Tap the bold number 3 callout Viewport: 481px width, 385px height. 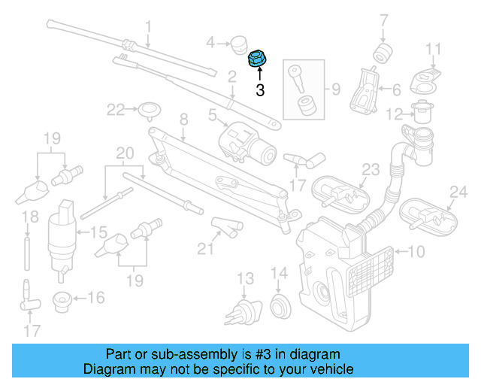260,91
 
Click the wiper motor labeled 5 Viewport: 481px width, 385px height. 244,141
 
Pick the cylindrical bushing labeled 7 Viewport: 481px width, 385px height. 385,53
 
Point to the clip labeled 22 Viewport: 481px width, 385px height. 147,111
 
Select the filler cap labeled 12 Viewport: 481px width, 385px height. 421,114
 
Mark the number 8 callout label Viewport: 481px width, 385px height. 183,119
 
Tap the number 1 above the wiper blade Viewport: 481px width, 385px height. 148,27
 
